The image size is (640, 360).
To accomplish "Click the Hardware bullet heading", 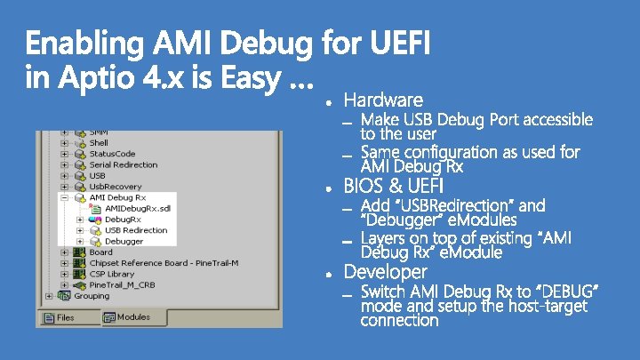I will (383, 99).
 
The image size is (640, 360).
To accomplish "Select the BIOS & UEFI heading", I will (393, 186).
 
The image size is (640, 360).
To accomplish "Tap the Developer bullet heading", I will (385, 271).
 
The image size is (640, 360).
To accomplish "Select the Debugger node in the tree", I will (124, 241).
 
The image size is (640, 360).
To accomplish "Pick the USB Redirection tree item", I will (136, 230).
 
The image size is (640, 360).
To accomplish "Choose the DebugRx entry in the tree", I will (123, 219).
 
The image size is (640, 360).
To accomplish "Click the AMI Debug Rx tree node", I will (117, 197).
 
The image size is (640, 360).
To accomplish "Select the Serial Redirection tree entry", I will (123, 164).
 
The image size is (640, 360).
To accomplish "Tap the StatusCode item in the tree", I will (112, 154).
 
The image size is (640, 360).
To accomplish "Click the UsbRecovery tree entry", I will (109, 187).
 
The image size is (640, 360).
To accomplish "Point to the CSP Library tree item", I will (112, 274).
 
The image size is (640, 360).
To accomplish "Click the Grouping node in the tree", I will (92, 296).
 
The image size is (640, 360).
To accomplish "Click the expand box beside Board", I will (65, 252).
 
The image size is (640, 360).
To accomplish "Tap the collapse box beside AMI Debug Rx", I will (65, 197).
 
